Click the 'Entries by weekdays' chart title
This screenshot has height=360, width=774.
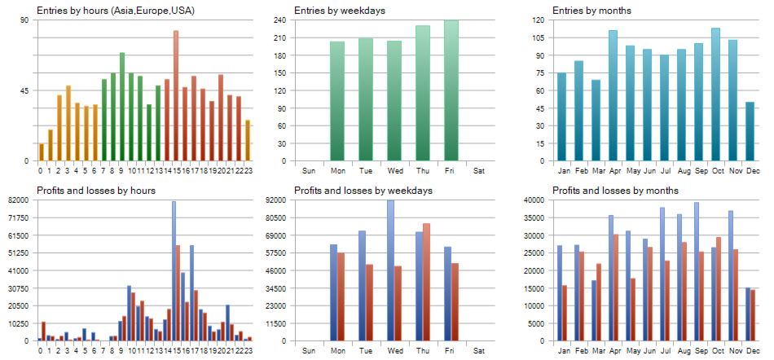340,11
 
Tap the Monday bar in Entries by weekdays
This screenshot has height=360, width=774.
337,101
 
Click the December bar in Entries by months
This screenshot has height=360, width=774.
750,131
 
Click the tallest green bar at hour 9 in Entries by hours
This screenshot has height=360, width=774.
122,107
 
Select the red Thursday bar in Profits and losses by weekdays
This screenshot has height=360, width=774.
426,282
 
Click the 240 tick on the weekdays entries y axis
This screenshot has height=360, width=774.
279,20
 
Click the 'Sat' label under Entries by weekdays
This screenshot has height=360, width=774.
479,171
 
